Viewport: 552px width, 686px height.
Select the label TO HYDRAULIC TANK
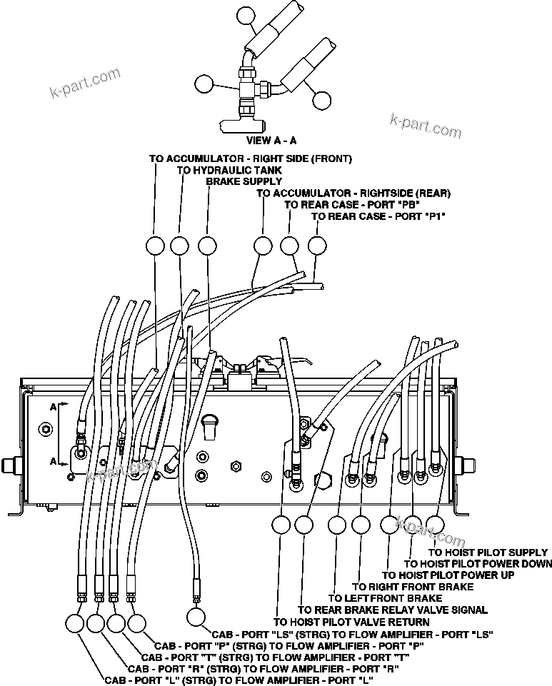click(229, 170)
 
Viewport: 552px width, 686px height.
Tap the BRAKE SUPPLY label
click(234, 181)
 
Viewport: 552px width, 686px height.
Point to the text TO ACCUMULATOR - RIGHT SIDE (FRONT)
click(251, 158)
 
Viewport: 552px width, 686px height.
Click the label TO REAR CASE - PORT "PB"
click(341, 204)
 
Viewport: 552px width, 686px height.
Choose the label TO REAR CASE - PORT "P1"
click(378, 216)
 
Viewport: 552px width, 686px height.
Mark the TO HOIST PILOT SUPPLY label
click(488, 553)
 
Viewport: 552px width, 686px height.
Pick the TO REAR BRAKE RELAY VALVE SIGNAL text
click(393, 610)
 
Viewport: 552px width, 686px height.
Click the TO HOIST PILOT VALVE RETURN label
click(352, 622)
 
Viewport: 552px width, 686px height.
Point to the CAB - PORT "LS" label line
click(353, 633)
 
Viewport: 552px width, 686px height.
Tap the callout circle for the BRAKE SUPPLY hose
click(207, 246)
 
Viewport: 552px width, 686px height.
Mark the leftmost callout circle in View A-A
click(204, 83)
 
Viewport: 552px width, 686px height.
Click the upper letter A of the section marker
click(54, 406)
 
